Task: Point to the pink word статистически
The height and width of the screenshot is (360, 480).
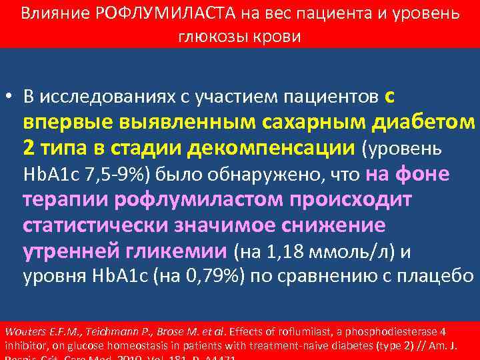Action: pyautogui.click(x=95, y=225)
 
